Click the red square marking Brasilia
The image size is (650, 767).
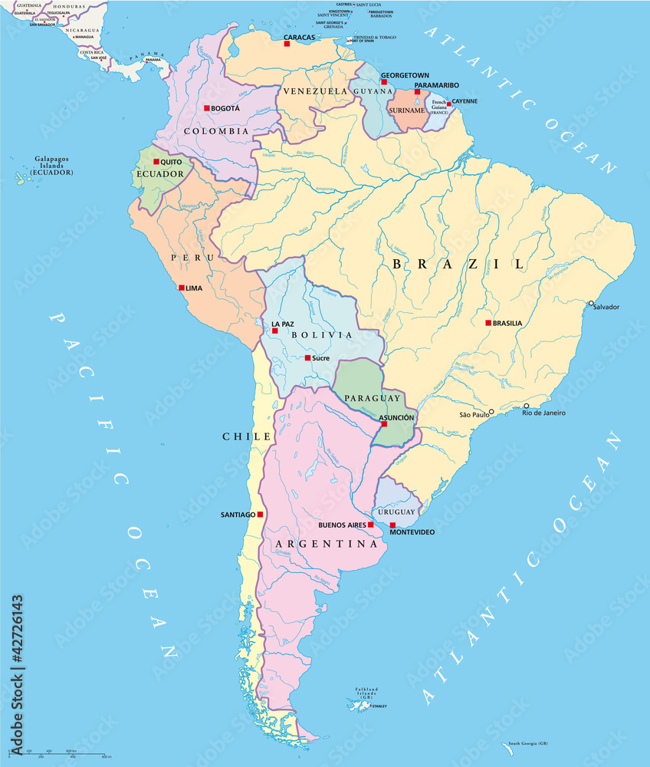[x=488, y=323]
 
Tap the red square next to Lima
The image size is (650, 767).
[x=181, y=288]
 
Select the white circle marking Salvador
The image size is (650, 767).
[x=591, y=304]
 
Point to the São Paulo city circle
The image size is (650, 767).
[x=491, y=412]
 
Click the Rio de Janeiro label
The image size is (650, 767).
[x=544, y=413]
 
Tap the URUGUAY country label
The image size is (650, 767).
[x=396, y=512]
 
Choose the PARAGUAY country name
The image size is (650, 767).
[x=372, y=398]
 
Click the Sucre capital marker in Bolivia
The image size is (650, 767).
[x=307, y=357]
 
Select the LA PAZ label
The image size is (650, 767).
[x=283, y=324]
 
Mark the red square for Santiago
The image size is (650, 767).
[x=261, y=514]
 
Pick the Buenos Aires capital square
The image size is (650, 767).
[x=370, y=525]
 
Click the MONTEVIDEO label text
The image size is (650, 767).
[x=412, y=532]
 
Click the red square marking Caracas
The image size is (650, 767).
[x=287, y=44]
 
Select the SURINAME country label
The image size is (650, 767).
[x=406, y=110]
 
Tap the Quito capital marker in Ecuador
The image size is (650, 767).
[x=156, y=162]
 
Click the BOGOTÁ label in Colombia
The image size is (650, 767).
[x=225, y=109]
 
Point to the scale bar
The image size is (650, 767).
[x=61, y=755]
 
